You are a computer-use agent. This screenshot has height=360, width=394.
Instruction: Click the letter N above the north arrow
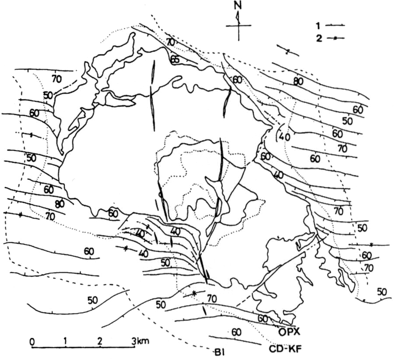[x=238, y=6]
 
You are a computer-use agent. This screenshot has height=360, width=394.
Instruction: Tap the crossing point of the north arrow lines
[x=238, y=25]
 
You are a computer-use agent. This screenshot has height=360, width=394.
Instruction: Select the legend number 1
[x=318, y=25]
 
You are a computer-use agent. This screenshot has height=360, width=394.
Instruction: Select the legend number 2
[x=319, y=39]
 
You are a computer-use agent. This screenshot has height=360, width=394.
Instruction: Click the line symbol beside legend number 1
[x=335, y=25]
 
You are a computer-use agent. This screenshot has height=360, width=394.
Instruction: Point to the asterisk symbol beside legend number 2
[x=335, y=38]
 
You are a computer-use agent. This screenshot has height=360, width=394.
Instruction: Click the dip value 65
[x=175, y=60]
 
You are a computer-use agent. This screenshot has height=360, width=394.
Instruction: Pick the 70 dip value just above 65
[x=170, y=42]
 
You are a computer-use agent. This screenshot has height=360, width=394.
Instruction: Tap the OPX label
[x=289, y=332]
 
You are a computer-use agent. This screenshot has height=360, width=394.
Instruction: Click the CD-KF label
[x=285, y=349]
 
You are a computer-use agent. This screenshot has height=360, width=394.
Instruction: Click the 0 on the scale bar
[x=32, y=342]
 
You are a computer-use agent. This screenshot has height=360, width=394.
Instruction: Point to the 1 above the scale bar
[x=65, y=341]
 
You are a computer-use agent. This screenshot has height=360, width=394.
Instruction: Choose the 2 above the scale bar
[x=100, y=341]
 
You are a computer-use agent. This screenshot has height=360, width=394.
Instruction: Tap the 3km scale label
[x=140, y=341]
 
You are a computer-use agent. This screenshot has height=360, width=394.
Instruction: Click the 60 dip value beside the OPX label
[x=263, y=319]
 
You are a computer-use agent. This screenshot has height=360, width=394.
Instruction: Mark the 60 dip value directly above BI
[x=236, y=333]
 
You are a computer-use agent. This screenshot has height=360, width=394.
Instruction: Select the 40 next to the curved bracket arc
[x=285, y=137]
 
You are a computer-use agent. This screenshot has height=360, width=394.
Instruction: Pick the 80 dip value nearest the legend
[x=299, y=81]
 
